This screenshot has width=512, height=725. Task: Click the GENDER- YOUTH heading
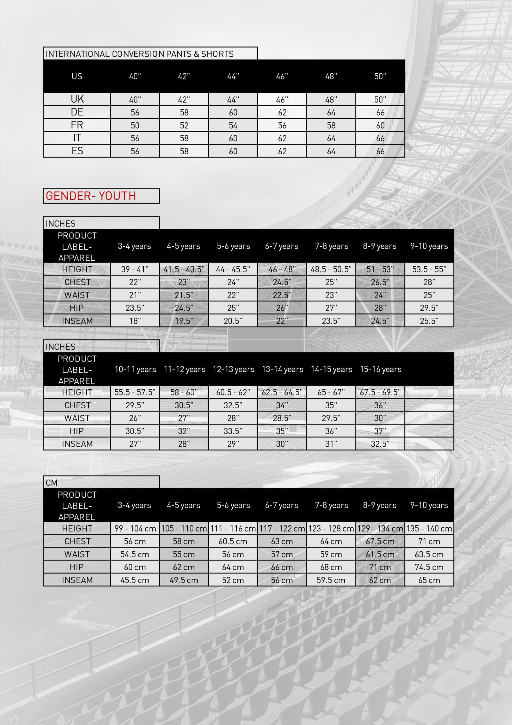[91, 196]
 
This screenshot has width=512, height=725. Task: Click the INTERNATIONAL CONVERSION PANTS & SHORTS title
[140, 54]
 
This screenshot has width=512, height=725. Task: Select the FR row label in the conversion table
[77, 125]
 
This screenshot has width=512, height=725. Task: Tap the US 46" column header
[282, 76]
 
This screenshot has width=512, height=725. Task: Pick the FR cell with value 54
[233, 126]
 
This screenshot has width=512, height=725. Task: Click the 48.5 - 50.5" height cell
[331, 269]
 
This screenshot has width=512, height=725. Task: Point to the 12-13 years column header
[233, 369]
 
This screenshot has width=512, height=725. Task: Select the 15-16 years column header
[380, 369]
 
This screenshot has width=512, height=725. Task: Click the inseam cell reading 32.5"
[380, 444]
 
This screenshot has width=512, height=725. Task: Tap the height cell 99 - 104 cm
[135, 528]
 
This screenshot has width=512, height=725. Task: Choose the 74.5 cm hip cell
[429, 567]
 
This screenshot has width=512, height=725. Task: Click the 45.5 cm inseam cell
[135, 580]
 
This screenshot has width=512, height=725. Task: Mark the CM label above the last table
[52, 483]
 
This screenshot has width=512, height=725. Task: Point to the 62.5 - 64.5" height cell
[282, 392]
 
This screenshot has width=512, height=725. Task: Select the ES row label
[77, 151]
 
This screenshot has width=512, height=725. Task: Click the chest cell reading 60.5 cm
[233, 541]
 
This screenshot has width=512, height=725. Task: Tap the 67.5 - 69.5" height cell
[380, 392]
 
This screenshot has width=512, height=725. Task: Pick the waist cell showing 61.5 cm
[380, 554]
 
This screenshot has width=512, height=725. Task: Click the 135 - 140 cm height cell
[429, 528]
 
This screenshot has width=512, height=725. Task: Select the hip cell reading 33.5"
[233, 431]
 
